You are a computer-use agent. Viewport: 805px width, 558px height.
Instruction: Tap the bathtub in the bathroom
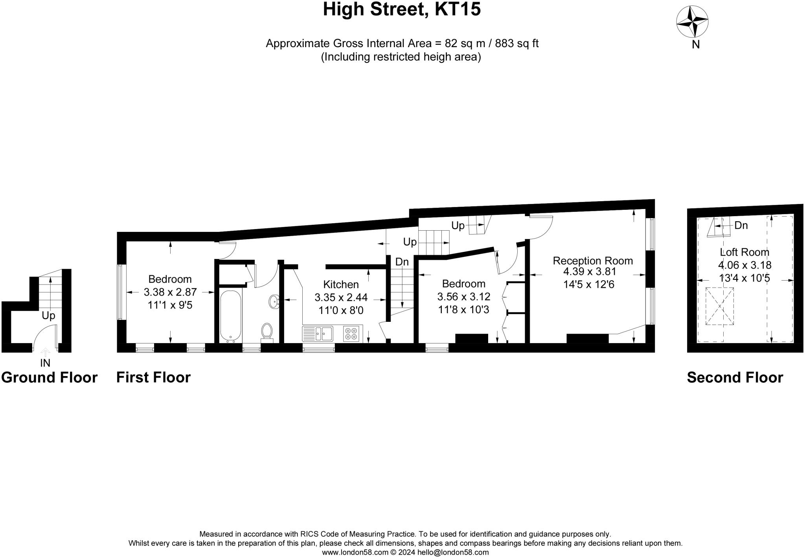click(x=230, y=316)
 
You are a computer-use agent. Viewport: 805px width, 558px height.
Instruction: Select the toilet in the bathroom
click(x=267, y=331)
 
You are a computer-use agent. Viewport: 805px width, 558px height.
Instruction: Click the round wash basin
click(x=274, y=302)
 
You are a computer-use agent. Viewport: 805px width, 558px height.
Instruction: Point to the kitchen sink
click(x=318, y=334)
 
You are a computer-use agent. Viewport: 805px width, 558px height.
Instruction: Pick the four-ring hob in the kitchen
click(x=351, y=334)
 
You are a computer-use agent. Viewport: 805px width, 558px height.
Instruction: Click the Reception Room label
click(x=593, y=261)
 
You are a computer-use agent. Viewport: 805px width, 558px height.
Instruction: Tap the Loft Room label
click(x=744, y=252)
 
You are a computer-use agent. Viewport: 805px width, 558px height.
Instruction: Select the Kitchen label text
click(x=341, y=284)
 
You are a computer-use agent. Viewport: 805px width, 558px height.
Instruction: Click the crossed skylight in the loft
click(x=720, y=306)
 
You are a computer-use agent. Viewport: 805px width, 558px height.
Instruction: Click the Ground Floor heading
click(x=49, y=377)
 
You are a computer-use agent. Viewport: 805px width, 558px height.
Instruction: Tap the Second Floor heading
click(x=735, y=377)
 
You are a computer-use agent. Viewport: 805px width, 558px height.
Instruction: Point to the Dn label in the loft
click(x=741, y=226)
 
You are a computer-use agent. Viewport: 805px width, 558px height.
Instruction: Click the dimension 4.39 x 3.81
click(x=590, y=272)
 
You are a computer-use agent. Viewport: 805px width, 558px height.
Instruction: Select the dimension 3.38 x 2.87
click(x=170, y=292)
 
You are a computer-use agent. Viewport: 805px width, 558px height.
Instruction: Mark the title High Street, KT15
click(x=402, y=9)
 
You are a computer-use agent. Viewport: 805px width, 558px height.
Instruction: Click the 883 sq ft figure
click(x=516, y=43)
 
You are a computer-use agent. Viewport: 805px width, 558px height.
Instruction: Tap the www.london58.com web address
click(x=355, y=552)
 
